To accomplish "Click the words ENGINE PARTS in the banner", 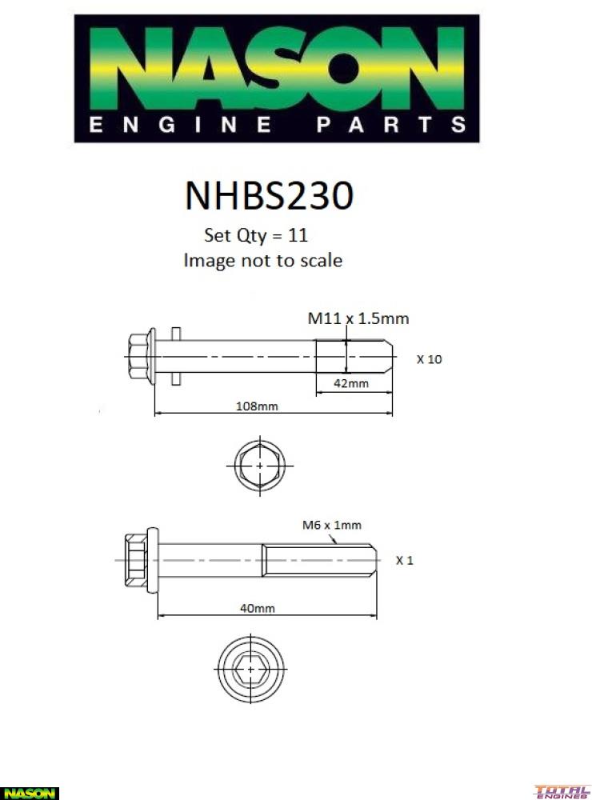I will [276, 125].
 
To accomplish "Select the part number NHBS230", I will [269, 195].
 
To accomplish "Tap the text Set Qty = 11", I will [257, 236].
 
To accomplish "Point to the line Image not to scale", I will [262, 261].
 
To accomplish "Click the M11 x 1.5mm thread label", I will [358, 318].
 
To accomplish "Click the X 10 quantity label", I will [429, 359].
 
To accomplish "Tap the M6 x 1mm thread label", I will [331, 526].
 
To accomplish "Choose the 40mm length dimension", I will [258, 608].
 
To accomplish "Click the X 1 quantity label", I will [405, 560].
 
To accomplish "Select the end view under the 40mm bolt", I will [250, 668].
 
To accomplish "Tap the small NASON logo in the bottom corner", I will [29, 793].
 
